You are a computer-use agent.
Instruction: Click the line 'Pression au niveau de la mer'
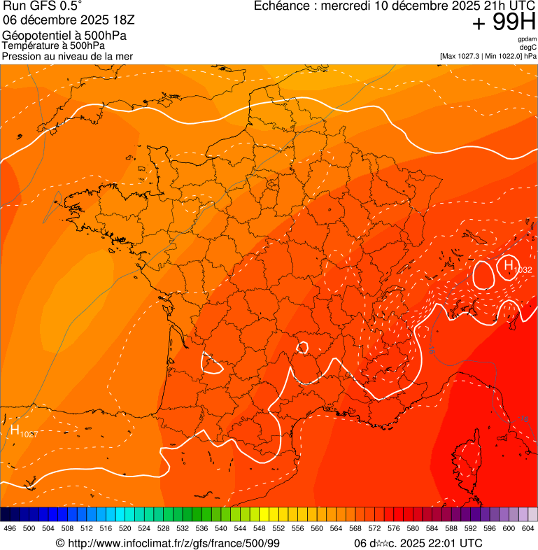(x=67, y=56)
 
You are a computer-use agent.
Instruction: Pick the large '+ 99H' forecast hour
(x=504, y=23)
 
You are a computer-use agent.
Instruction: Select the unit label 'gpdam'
(x=527, y=39)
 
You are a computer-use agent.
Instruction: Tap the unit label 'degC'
(x=528, y=47)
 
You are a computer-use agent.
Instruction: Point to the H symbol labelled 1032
(x=507, y=265)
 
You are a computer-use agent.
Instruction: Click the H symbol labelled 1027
(x=15, y=430)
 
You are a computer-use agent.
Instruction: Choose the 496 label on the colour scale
(x=10, y=529)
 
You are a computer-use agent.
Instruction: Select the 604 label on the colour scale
(x=528, y=529)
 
